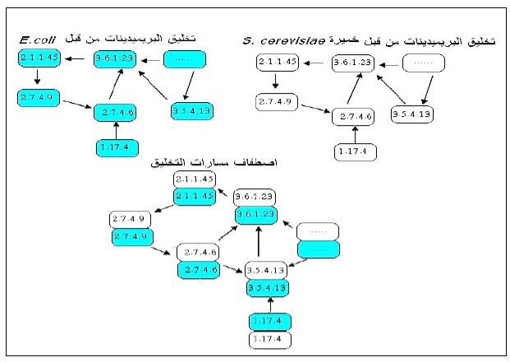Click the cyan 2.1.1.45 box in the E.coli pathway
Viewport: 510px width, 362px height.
[x=39, y=58]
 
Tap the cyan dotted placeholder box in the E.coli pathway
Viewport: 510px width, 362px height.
[x=185, y=60]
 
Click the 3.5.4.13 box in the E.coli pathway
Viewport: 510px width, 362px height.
[x=191, y=111]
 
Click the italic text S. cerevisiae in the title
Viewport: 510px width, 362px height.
[x=278, y=40]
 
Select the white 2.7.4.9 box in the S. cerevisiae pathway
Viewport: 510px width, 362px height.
[x=276, y=103]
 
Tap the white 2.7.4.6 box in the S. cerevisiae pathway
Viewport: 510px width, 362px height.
[x=353, y=117]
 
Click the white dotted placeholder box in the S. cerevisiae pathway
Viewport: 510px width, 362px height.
[x=422, y=63]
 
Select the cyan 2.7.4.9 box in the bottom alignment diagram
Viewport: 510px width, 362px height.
[x=131, y=237]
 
